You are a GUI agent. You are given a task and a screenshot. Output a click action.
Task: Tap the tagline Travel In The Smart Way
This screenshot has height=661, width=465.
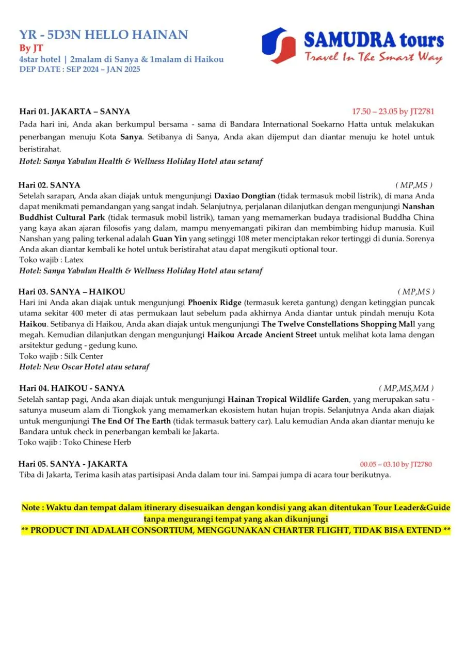(x=373, y=57)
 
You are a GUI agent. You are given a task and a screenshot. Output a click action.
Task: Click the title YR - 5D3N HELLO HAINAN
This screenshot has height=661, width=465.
(x=103, y=35)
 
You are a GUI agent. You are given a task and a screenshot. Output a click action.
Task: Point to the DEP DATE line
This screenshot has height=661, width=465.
(x=79, y=69)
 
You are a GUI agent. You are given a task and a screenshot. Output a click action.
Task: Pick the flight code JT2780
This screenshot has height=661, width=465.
(x=421, y=464)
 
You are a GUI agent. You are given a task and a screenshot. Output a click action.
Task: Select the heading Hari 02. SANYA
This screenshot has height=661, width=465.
(x=50, y=185)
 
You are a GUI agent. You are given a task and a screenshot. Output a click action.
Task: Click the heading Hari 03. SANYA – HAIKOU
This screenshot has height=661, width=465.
(x=72, y=292)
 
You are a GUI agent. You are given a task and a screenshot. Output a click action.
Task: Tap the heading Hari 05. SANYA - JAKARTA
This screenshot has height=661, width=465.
(x=73, y=464)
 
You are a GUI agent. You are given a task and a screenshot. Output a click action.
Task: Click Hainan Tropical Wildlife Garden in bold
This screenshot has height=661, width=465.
(x=288, y=399)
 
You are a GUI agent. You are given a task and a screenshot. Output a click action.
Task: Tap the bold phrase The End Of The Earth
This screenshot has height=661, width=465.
(x=131, y=421)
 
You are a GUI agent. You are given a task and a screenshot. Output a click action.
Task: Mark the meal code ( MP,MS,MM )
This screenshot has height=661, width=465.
(x=406, y=388)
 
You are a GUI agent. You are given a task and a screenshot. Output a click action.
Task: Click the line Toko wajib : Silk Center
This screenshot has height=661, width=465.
(x=61, y=356)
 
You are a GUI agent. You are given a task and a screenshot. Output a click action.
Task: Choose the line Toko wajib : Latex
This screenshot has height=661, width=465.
(x=51, y=260)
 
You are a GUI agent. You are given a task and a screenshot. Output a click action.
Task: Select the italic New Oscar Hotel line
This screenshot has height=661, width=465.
(x=84, y=367)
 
